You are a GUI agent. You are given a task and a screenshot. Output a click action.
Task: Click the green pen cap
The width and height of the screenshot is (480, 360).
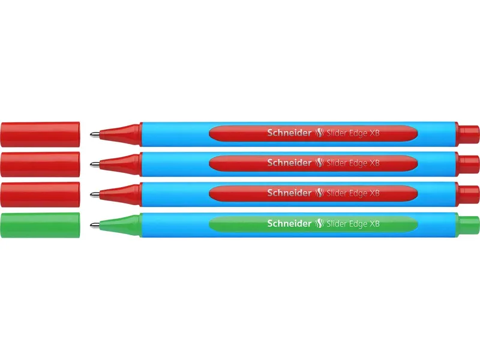tap(40, 225)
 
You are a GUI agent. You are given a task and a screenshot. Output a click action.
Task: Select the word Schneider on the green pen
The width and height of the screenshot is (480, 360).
tap(289, 223)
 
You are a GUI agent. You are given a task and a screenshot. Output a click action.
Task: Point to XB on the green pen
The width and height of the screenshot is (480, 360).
tap(374, 224)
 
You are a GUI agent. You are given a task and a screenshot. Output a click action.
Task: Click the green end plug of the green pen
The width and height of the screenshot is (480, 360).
tap(467, 226)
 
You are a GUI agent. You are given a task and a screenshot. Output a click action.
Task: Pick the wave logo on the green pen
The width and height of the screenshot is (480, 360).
tap(319, 224)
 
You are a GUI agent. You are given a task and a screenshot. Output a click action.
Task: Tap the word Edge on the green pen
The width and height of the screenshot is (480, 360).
tap(358, 224)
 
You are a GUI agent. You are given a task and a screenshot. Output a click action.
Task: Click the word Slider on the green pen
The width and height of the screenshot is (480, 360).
tap(337, 224)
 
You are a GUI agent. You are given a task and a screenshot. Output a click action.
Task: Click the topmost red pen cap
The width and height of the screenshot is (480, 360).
tap(40, 134)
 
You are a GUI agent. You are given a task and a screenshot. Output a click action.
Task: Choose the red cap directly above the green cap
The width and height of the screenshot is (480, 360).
tap(40, 194)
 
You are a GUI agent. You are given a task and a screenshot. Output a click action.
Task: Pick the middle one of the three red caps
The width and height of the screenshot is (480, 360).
tap(40, 164)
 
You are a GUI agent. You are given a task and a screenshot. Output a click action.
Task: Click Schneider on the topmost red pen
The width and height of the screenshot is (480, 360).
tap(289, 133)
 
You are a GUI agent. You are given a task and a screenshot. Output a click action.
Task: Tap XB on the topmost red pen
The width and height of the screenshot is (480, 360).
tap(374, 133)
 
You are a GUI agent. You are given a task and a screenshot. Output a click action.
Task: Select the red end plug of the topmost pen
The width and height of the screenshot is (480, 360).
tap(467, 134)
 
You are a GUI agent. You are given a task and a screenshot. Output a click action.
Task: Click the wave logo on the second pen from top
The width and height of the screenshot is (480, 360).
tap(319, 163)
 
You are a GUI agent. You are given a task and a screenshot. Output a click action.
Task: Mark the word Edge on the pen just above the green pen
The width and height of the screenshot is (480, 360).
tap(358, 193)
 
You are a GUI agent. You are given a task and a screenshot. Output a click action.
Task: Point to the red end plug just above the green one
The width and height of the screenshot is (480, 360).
tap(467, 194)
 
